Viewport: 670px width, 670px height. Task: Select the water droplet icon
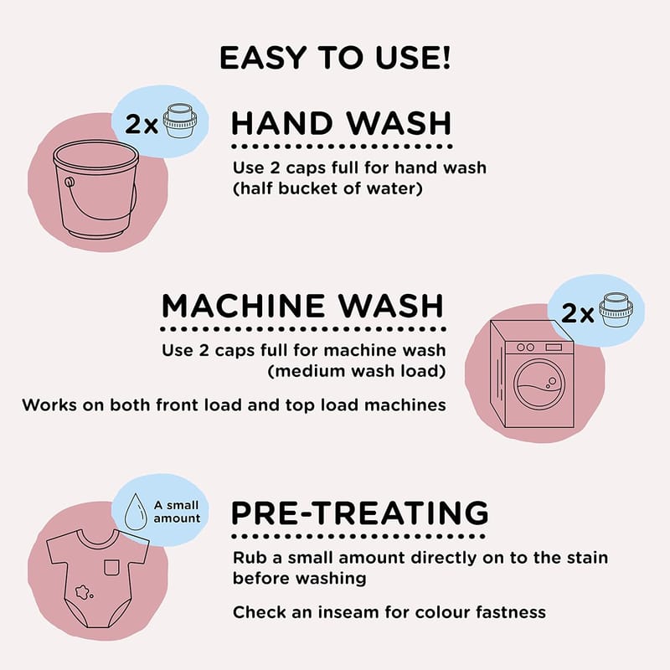pos(136,512)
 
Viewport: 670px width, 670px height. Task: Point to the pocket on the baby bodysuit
pos(111,567)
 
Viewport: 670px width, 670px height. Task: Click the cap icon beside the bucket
pos(180,121)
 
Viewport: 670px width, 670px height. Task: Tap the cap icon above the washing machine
pos(616,310)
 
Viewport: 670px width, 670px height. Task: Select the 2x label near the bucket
pos(142,124)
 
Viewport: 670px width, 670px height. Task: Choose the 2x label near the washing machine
pos(577,313)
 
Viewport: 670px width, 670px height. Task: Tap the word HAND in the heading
pos(282,123)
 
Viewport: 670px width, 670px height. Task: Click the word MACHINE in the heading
pos(243,306)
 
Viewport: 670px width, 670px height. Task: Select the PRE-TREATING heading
pos(360,513)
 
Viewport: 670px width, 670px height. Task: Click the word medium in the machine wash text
pos(310,370)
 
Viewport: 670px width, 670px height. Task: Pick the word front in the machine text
pos(178,405)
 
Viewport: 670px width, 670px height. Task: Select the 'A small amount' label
pos(177,512)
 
